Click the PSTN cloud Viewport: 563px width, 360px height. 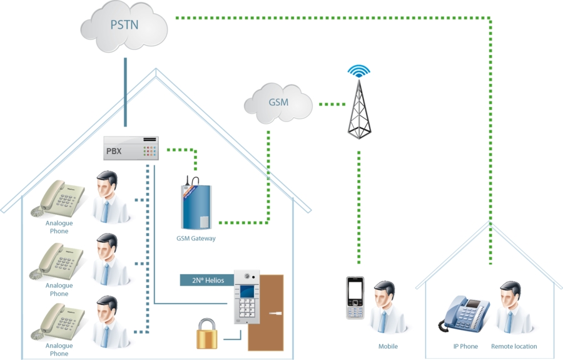coord(124,26)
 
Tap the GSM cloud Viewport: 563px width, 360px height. coord(278,103)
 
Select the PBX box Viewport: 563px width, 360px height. coord(131,148)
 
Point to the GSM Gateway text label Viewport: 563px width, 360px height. coord(196,238)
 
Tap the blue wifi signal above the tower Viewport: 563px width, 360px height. coord(358,71)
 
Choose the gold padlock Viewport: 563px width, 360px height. coord(207,334)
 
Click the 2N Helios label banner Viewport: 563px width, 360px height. coord(207,280)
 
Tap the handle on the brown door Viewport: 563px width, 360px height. coord(275,313)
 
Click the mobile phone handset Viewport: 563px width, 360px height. coord(355,298)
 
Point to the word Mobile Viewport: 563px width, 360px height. coord(388,346)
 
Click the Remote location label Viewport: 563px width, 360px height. coord(514,346)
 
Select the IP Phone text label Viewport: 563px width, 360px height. coord(465,346)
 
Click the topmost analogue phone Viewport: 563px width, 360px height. coord(58,198)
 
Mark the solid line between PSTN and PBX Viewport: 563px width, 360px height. coord(125,92)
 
